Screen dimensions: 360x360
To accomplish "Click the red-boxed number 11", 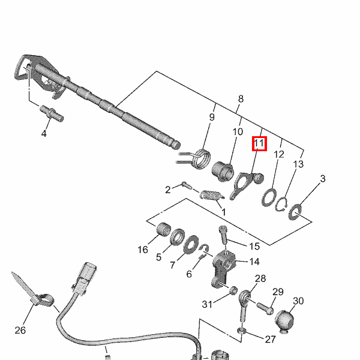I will coord(259,144).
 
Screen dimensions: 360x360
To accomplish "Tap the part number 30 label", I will coord(298,301).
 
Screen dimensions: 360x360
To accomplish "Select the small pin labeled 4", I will coord(52,112).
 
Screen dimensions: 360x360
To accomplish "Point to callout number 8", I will coord(241,99).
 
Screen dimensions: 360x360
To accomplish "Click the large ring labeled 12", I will coord(269,197).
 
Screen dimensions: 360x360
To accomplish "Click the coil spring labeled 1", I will coord(209,196).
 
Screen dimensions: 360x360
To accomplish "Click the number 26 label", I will coord(20,330).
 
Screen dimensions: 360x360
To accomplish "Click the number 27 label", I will coord(271,339).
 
